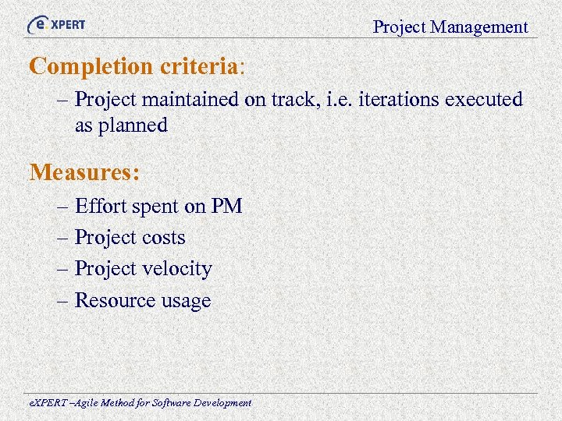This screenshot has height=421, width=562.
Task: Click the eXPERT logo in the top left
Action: [x=56, y=24]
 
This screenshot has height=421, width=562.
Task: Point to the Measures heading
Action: [x=85, y=172]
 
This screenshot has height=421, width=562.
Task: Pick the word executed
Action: [x=484, y=100]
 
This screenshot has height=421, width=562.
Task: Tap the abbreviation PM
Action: [x=226, y=207]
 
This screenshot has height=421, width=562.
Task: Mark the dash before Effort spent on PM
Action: [x=62, y=207]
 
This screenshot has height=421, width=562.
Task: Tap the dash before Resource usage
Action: [x=62, y=300]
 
